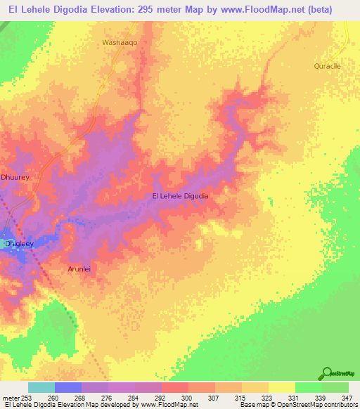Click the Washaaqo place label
point(119,42)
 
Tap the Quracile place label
point(327,65)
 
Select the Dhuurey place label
point(15,178)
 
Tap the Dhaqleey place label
point(20,244)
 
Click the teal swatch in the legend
point(41,387)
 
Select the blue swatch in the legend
point(68,387)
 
